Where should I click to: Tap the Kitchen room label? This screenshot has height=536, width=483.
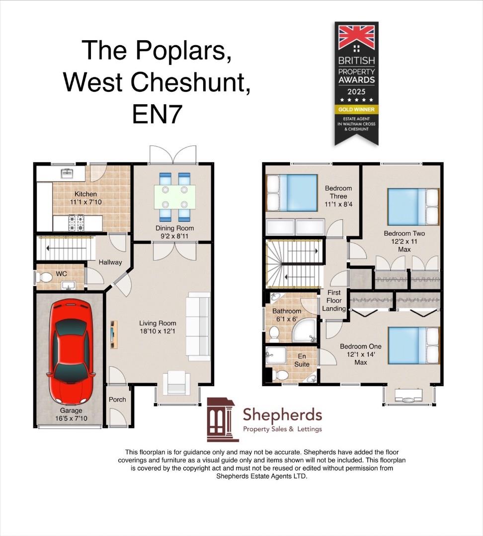(x=85, y=194)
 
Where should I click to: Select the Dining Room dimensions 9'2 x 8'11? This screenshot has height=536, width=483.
(x=174, y=237)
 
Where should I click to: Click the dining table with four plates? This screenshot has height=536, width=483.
(x=174, y=196)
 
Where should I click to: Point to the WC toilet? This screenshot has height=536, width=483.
(x=45, y=279)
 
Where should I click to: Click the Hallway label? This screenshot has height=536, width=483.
(x=110, y=262)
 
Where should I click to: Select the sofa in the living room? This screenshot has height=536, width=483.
(x=198, y=327)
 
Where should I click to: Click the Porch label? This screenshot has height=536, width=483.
(x=117, y=400)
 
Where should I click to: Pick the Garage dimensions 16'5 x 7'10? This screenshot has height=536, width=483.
(x=69, y=418)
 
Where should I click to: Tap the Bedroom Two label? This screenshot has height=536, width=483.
(x=404, y=233)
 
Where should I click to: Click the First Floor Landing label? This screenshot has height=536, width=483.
(x=334, y=301)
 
